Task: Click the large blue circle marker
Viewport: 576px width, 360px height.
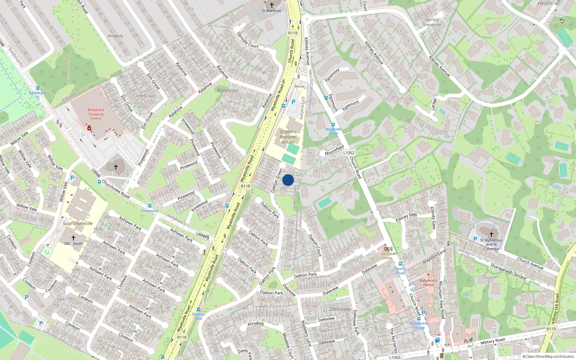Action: tap(288, 180)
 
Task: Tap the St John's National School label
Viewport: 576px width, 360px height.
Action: tap(288, 137)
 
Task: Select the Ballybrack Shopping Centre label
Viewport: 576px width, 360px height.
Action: tap(96, 114)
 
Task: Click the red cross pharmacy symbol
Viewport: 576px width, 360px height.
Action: tap(89, 128)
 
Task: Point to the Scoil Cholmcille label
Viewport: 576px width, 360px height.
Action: tap(78, 224)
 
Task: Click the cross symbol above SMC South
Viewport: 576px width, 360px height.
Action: tap(73, 238)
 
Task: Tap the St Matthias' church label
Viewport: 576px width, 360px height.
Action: tap(272, 11)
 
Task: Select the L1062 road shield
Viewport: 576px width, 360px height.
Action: tap(348, 153)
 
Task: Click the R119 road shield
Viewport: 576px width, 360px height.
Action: tap(551, 329)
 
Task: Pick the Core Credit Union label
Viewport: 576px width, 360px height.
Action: tap(387, 256)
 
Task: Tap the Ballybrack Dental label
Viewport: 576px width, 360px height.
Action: tap(428, 283)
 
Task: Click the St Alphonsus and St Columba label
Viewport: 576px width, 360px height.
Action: tap(491, 244)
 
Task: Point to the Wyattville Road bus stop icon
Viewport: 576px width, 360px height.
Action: tap(333, 125)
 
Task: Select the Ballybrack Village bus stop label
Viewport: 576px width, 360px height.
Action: tap(419, 325)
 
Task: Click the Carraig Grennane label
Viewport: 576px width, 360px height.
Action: tap(432, 22)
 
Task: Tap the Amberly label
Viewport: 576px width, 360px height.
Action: tap(115, 36)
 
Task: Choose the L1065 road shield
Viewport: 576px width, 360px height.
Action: tap(395, 357)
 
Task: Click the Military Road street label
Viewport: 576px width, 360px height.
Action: tap(492, 341)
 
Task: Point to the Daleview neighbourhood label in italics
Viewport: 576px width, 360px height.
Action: tap(340, 309)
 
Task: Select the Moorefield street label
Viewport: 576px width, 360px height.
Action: tap(334, 150)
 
